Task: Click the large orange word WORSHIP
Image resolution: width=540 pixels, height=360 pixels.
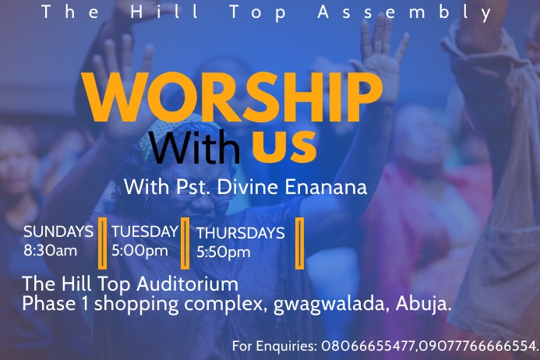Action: [x=232, y=97]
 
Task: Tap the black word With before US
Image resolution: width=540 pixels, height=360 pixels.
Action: [x=194, y=147]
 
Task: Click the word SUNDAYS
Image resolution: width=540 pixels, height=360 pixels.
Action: [x=58, y=232]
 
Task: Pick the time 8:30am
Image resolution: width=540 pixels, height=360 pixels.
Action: [x=51, y=250]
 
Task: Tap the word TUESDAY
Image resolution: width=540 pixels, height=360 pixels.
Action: [x=145, y=232]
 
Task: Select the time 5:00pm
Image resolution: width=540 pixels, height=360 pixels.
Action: [x=139, y=251]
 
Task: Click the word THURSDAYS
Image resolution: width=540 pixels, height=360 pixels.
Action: [x=240, y=233]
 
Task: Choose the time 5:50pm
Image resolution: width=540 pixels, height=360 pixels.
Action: [x=223, y=252]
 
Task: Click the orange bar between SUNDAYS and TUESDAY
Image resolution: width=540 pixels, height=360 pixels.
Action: [x=102, y=243]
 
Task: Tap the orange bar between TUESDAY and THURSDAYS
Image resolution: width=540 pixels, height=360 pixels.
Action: [x=185, y=243]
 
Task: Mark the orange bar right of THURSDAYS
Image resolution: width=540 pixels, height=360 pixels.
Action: [x=300, y=243]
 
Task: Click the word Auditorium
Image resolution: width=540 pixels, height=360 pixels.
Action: [x=187, y=284]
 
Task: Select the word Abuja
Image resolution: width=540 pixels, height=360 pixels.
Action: [x=424, y=305]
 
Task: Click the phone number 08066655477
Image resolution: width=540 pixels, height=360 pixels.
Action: [x=369, y=346]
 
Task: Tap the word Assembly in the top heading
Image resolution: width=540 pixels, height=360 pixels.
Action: [x=405, y=12]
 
